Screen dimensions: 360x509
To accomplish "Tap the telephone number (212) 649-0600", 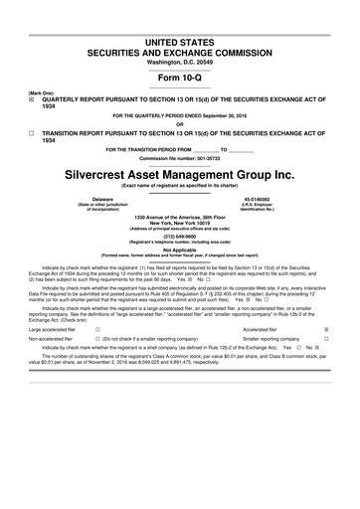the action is pos(180,236).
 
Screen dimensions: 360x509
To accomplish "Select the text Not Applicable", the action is pos(180,251).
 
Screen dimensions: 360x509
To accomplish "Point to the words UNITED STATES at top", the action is pos(180,39).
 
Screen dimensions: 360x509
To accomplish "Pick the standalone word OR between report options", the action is pos(180,124).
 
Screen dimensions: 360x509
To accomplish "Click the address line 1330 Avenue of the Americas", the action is pos(180,216).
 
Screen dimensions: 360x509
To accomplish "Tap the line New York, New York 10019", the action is pos(180,222).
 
